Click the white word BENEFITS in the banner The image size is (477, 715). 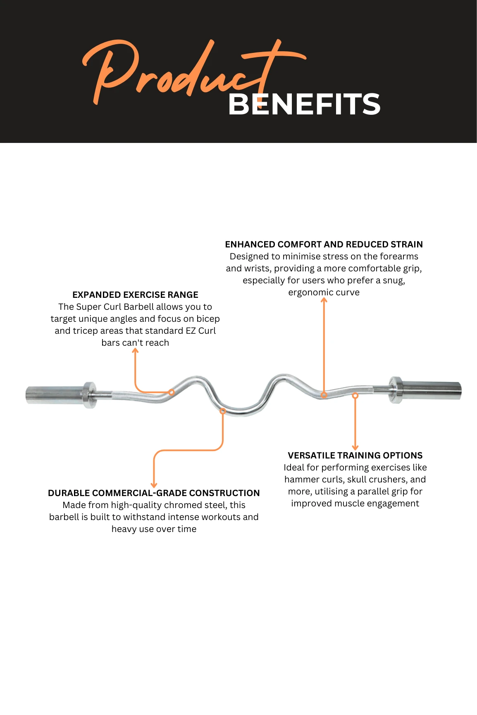click(x=304, y=104)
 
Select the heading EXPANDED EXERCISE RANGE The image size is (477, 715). click(x=135, y=295)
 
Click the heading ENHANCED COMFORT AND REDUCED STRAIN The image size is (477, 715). click(x=324, y=245)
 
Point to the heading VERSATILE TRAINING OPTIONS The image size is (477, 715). click(x=355, y=456)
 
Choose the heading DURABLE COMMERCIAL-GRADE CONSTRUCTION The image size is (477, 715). click(x=154, y=493)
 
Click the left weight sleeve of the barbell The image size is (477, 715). click(x=54, y=394)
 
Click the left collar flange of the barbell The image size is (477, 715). click(x=89, y=395)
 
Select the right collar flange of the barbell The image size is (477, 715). click(x=395, y=390)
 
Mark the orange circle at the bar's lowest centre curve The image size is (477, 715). click(x=223, y=411)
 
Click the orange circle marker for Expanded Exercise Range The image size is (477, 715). click(x=171, y=392)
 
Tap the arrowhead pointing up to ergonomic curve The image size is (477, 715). click(x=324, y=300)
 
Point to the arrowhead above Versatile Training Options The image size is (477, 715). click(x=355, y=447)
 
